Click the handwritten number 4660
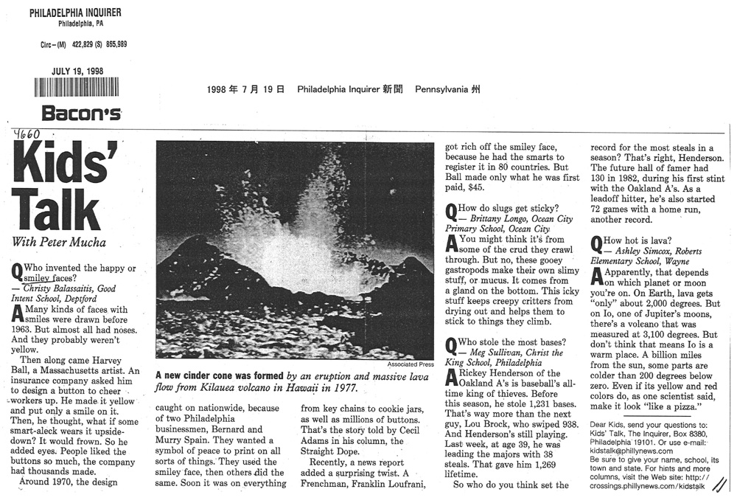coord(27,134)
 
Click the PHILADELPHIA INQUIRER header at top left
coord(76,13)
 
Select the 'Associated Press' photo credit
coord(411,364)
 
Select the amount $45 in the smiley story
coord(455,188)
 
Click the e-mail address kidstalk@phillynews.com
coord(632,450)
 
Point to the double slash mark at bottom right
coord(720,484)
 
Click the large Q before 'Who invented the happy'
coord(17,271)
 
